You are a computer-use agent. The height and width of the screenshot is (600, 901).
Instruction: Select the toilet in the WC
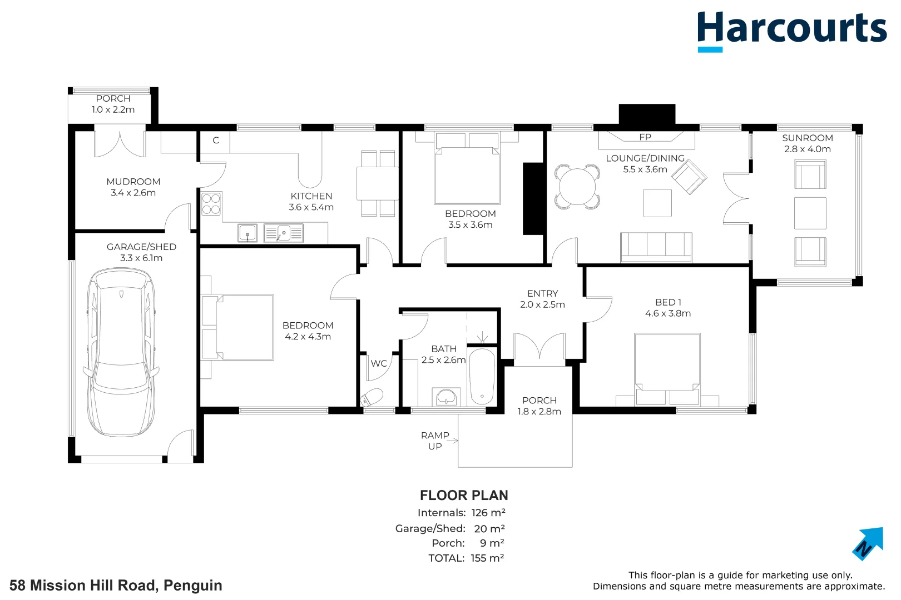pyautogui.click(x=372, y=398)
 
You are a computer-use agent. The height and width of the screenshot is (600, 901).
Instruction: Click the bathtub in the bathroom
pyautogui.click(x=482, y=376)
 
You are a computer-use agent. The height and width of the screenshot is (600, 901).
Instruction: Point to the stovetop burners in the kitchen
pyautogui.click(x=211, y=203)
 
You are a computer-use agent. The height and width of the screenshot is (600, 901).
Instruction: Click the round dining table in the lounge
pyautogui.click(x=577, y=187)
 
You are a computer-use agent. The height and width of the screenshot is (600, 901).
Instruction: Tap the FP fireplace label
pyautogui.click(x=645, y=137)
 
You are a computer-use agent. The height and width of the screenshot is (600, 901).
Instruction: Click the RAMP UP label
pyautogui.click(x=435, y=441)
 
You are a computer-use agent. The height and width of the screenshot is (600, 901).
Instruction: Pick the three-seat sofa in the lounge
pyautogui.click(x=656, y=247)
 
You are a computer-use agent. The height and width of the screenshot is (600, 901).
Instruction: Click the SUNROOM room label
pyautogui.click(x=807, y=138)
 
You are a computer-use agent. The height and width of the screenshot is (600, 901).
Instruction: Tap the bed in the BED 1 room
pyautogui.click(x=667, y=367)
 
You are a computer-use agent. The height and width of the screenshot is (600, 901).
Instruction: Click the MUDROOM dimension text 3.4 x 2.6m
pyautogui.click(x=133, y=193)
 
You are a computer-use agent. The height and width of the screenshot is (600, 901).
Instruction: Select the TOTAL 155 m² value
pyautogui.click(x=487, y=558)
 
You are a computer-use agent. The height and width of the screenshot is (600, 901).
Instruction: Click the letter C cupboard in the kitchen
pyautogui.click(x=216, y=141)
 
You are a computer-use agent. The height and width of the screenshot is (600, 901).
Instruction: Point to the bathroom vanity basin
pyautogui.click(x=447, y=397)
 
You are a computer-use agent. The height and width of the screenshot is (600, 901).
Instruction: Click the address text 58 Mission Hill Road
pyautogui.click(x=116, y=585)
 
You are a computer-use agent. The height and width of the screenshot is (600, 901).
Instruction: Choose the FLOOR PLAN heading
pyautogui.click(x=463, y=495)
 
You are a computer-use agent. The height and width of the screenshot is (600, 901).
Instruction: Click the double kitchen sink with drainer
pyautogui.click(x=283, y=233)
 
